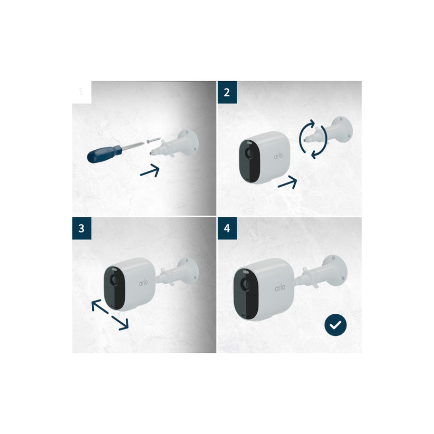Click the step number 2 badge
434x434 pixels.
pos(227,92)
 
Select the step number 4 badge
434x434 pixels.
pos(227,228)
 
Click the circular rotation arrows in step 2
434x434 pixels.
pos(313,138)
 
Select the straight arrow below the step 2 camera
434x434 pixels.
pos(287,182)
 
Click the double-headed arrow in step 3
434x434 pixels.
pos(109,314)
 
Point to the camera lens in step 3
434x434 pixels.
pos(113,278)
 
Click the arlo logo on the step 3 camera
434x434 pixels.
pos(144,283)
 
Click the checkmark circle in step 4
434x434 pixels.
pos(335,325)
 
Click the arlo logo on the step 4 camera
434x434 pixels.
pos(280,289)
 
